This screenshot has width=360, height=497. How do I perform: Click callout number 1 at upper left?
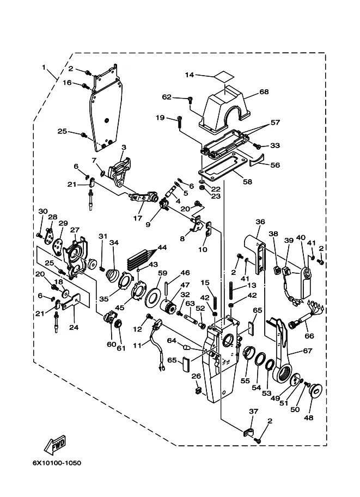pos(44,68)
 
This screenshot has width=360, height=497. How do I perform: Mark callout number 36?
pos(260,222)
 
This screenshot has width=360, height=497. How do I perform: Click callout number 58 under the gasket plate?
pos(248,182)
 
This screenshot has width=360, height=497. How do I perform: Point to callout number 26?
pos(196,376)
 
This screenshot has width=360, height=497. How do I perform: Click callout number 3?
pos(124,147)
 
